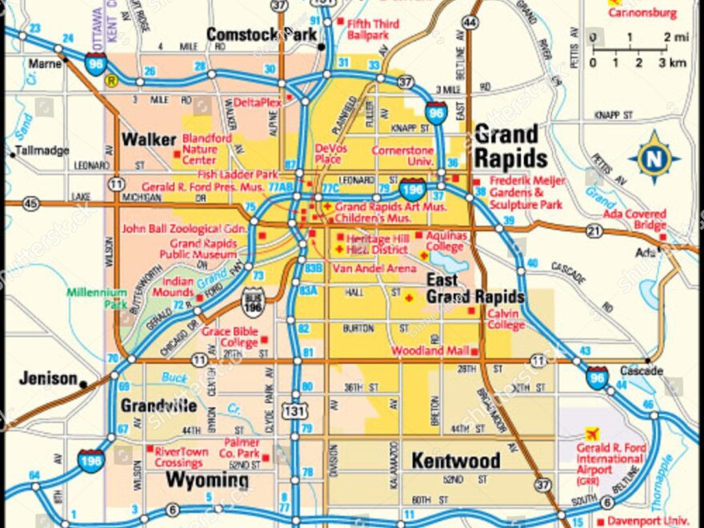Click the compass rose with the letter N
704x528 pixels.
[654, 158]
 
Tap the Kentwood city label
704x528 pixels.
[455, 461]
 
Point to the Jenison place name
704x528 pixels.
[48, 378]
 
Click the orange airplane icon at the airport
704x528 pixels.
[592, 434]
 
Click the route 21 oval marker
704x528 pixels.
[594, 231]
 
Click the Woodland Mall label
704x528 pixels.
[430, 350]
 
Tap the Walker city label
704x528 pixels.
[148, 140]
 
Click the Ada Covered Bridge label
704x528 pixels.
[634, 220]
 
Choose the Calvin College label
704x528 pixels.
[506, 319]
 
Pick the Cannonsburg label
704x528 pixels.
[642, 13]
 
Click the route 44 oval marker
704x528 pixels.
[470, 23]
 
